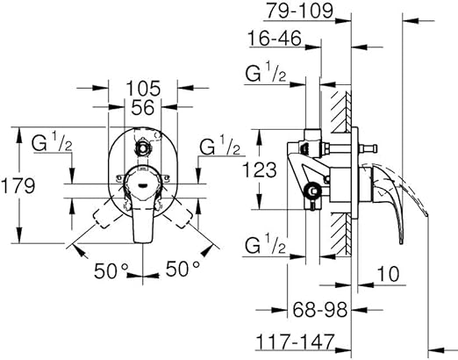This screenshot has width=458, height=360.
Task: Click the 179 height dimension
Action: pos(18,185)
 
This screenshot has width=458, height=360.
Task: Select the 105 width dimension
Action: pos(143,88)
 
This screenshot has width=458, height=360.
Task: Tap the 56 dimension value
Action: pos(142,107)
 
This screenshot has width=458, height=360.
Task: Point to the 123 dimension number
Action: pos(260,169)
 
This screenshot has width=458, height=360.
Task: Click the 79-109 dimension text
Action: pos(298,11)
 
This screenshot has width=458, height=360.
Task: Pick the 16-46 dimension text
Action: pos(275,39)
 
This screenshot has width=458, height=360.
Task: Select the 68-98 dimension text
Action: pos(320,309)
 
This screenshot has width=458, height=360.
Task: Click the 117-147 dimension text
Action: pos(295,342)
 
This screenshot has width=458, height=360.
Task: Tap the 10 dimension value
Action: pos(388,274)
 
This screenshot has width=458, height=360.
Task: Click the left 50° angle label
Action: pos(111,270)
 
